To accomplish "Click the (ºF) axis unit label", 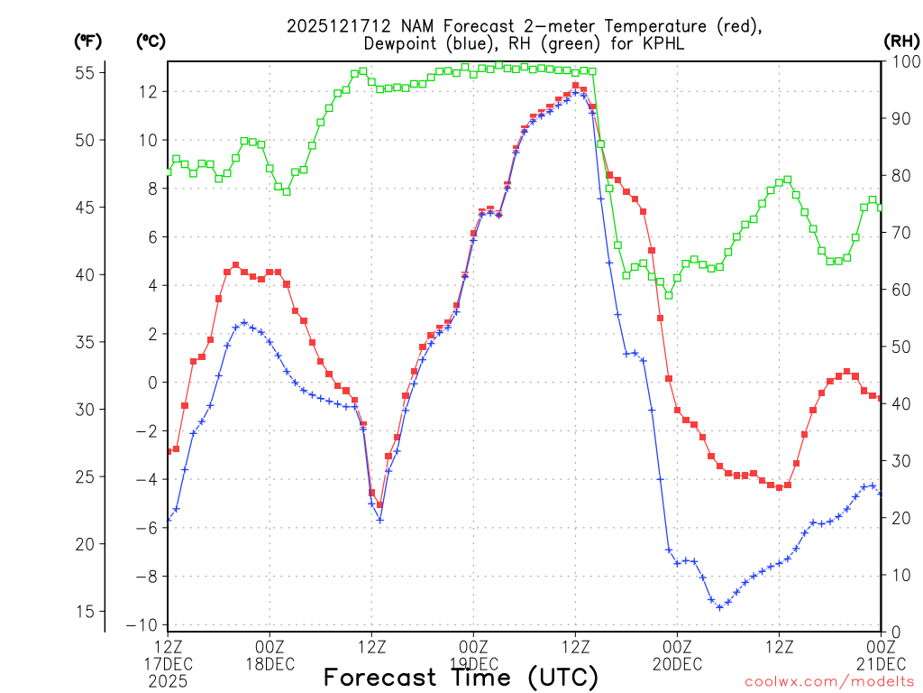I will (x=88, y=41).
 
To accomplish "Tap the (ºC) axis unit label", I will (x=151, y=41).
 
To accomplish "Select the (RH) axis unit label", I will (x=902, y=41).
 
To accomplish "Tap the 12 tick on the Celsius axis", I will (x=149, y=91).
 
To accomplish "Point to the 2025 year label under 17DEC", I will (x=168, y=682).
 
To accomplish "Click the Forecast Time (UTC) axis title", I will (x=461, y=677).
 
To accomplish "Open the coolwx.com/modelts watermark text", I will (x=829, y=681).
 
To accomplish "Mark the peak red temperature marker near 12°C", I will (x=575, y=85).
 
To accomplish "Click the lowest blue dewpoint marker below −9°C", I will (x=719, y=607).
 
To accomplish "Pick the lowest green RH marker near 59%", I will (x=669, y=295).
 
